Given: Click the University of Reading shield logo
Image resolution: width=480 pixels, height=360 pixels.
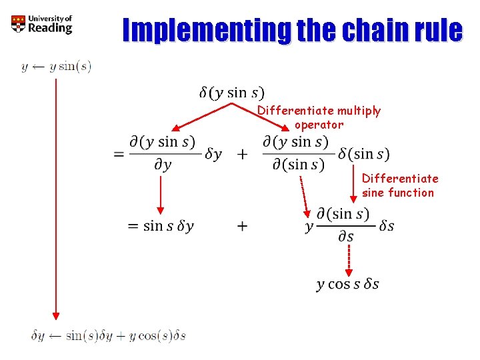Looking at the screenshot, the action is (18, 25).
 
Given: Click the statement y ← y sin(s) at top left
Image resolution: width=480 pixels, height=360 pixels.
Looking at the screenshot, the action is (56, 66).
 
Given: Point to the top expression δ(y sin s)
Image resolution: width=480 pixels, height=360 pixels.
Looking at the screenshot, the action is (231, 93).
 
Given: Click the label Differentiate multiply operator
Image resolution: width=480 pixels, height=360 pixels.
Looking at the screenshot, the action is (319, 117).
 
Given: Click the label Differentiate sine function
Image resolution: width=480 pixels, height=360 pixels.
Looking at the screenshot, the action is (399, 185).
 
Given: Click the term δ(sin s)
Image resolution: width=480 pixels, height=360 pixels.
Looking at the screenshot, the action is (363, 153).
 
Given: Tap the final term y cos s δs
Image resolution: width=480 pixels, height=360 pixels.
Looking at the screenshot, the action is (347, 284).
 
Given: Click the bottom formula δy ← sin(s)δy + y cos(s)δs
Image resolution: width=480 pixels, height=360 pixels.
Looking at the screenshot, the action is (109, 335).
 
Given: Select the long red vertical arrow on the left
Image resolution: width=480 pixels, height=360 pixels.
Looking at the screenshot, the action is (56, 200).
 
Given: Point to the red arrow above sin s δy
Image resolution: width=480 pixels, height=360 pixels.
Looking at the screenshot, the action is (161, 195).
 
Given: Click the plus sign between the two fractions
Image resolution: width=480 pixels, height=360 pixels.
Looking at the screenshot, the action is (242, 154).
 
